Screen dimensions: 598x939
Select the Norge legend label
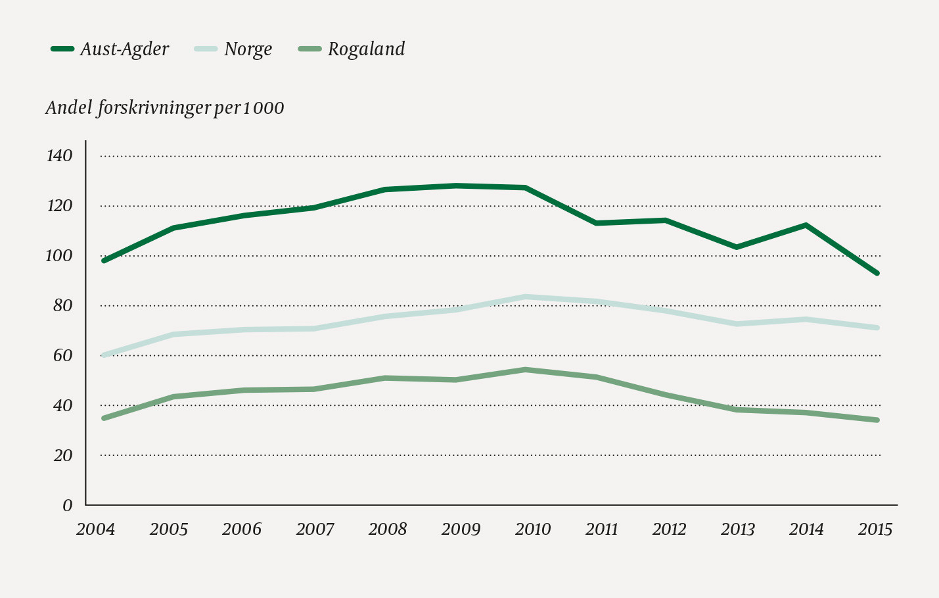pyautogui.click(x=248, y=49)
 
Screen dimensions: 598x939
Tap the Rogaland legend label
pyautogui.click(x=366, y=49)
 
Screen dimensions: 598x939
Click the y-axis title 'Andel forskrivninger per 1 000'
pyautogui.click(x=165, y=108)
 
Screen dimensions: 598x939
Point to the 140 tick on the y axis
pyautogui.click(x=59, y=156)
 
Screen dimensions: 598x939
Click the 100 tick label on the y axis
pyautogui.click(x=58, y=256)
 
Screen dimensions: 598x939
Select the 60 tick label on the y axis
pyautogui.click(x=62, y=356)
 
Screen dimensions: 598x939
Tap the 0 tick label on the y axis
pyautogui.click(x=67, y=505)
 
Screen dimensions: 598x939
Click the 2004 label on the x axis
pyautogui.click(x=96, y=530)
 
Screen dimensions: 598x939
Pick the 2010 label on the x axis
pyautogui.click(x=532, y=530)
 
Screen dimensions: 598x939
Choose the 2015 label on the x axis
pyautogui.click(x=875, y=530)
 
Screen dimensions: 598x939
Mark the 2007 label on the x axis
pyautogui.click(x=315, y=530)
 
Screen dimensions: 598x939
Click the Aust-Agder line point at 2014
pyautogui.click(x=806, y=225)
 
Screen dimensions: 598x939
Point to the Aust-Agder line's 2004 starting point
pyautogui.click(x=104, y=261)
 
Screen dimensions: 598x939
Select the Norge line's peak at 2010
pyautogui.click(x=525, y=297)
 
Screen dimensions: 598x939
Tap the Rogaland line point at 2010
pyautogui.click(x=525, y=370)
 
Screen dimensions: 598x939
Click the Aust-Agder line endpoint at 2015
pyautogui.click(x=877, y=273)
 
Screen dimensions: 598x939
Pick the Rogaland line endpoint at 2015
pyautogui.click(x=877, y=420)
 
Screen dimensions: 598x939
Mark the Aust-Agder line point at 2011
pyautogui.click(x=596, y=223)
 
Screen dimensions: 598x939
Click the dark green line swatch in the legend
pyautogui.click(x=62, y=49)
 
